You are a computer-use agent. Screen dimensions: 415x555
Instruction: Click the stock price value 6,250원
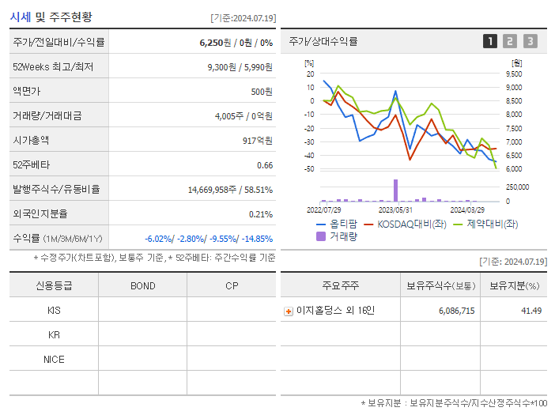(216, 42)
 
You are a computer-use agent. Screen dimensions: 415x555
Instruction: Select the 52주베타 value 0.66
(265, 165)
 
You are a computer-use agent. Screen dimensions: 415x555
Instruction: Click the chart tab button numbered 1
(490, 41)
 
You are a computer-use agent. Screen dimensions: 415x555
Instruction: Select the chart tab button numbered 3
(530, 41)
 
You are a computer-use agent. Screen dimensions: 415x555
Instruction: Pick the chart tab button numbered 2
(510, 41)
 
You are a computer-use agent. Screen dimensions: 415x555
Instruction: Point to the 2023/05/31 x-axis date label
(396, 210)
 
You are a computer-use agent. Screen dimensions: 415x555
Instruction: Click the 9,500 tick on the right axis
(512, 74)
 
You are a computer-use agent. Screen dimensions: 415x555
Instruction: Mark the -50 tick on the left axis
(309, 169)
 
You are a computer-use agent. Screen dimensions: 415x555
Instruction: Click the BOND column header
(142, 285)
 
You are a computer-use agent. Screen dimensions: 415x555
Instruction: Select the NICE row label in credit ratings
(54, 359)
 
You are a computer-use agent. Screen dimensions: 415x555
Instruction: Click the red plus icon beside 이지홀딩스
(289, 311)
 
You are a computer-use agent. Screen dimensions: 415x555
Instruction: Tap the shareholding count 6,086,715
(455, 311)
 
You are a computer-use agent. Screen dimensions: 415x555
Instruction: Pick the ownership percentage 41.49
(531, 311)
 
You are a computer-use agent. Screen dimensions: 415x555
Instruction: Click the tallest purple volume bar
(395, 191)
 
